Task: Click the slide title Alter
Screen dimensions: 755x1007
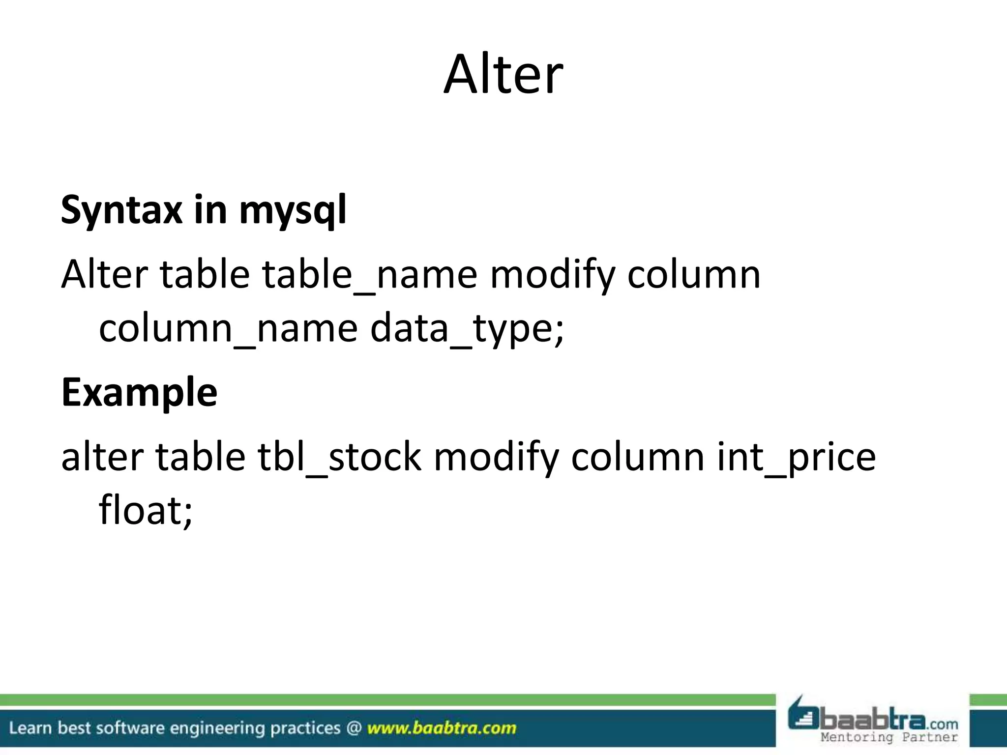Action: pos(503,75)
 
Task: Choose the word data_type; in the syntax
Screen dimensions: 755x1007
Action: pos(467,328)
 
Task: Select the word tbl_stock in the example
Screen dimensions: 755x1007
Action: pos(340,457)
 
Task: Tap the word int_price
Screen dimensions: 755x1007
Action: pos(796,457)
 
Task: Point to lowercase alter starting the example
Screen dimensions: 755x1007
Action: pos(102,457)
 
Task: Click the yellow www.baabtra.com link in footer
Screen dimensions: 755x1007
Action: pos(442,728)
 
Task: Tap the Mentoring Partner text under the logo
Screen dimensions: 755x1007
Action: pos(889,737)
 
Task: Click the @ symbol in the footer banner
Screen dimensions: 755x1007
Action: pos(354,728)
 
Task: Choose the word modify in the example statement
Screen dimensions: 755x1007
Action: pos(496,457)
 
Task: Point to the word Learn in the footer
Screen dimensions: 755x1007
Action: pos(30,728)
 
